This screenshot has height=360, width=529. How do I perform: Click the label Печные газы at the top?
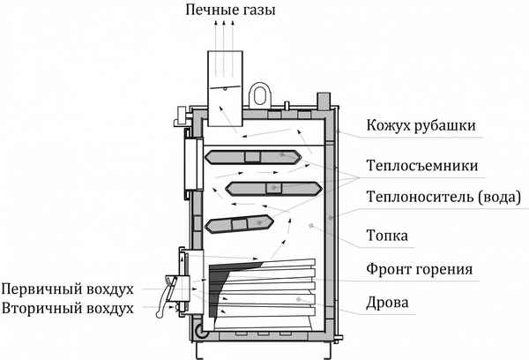pyautogui.click(x=229, y=12)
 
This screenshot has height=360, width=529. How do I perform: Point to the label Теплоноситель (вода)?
pyautogui.click(x=443, y=198)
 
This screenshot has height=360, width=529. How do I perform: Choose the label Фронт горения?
pyautogui.click(x=421, y=269)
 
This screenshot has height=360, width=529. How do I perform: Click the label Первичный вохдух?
pyautogui.click(x=68, y=289)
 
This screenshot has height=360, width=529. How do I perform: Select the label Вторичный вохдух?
pyautogui.click(x=68, y=309)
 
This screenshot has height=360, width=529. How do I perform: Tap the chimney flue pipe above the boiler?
pyautogui.click(x=224, y=79)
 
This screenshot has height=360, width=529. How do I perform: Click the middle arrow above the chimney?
pyautogui.click(x=224, y=38)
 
